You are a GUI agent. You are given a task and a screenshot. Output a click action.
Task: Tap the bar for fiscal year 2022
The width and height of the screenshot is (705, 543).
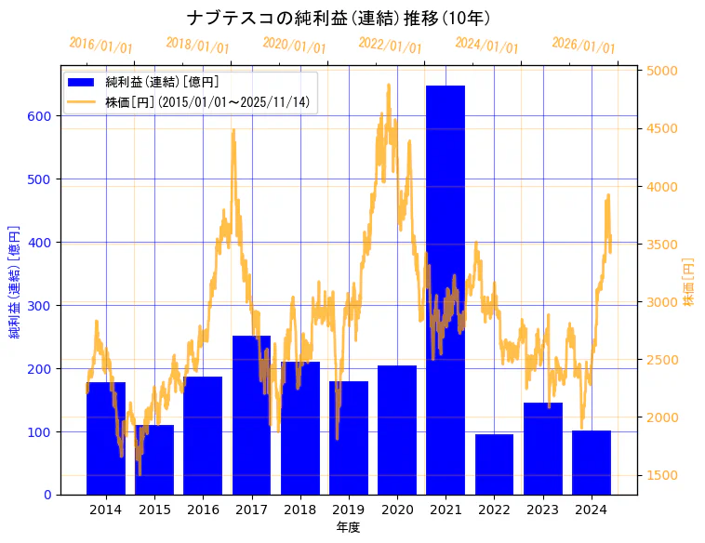click(x=494, y=464)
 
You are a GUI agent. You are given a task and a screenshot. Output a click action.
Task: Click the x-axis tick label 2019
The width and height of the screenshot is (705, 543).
click(x=349, y=510)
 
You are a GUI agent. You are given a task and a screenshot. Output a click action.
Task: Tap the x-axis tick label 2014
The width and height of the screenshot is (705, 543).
click(x=106, y=510)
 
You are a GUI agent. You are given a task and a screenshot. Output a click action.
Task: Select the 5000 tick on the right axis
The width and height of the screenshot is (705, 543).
click(x=662, y=71)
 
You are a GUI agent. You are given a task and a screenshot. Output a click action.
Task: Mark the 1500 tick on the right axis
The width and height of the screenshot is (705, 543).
click(x=662, y=475)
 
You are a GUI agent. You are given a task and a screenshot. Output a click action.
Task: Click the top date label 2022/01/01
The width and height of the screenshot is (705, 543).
click(x=390, y=46)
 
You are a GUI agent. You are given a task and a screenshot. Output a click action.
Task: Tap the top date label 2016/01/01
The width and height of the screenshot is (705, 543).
click(x=100, y=46)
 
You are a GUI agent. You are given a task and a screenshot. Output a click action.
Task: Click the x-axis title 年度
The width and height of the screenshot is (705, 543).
click(x=349, y=527)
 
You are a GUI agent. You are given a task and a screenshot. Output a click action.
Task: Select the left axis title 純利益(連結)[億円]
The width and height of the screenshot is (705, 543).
click(x=15, y=281)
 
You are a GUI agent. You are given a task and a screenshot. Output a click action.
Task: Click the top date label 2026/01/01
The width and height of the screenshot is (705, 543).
click(x=583, y=46)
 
